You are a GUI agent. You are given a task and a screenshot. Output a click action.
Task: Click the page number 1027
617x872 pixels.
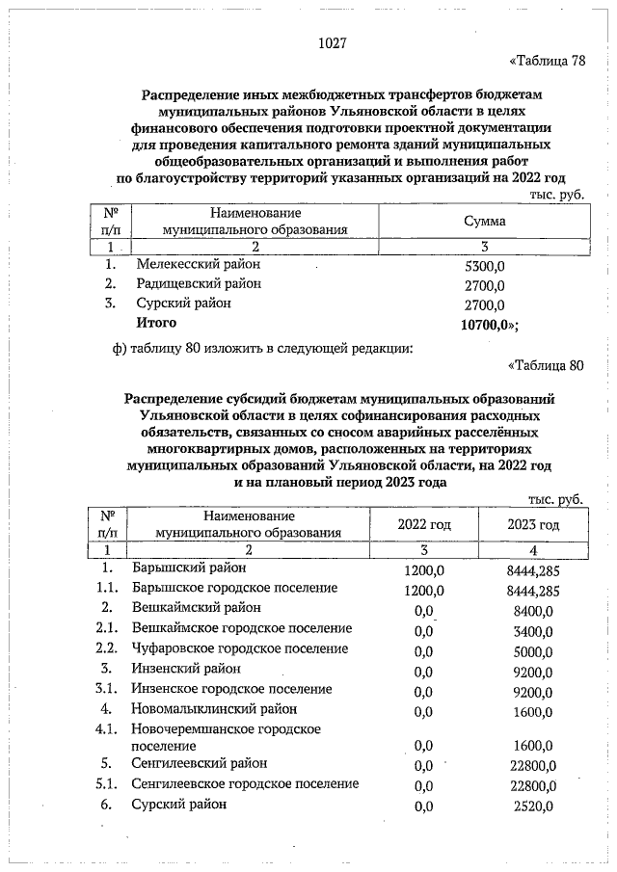pyautogui.click(x=332, y=43)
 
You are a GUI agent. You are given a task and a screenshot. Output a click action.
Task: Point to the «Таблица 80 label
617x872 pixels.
pyautogui.click(x=546, y=365)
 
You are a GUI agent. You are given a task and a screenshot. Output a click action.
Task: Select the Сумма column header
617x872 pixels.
pyautogui.click(x=485, y=222)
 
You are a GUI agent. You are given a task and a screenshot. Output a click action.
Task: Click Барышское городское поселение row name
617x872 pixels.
pyautogui.click(x=234, y=587)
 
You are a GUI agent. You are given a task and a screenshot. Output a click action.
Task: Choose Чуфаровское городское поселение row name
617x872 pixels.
pyautogui.click(x=240, y=648)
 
